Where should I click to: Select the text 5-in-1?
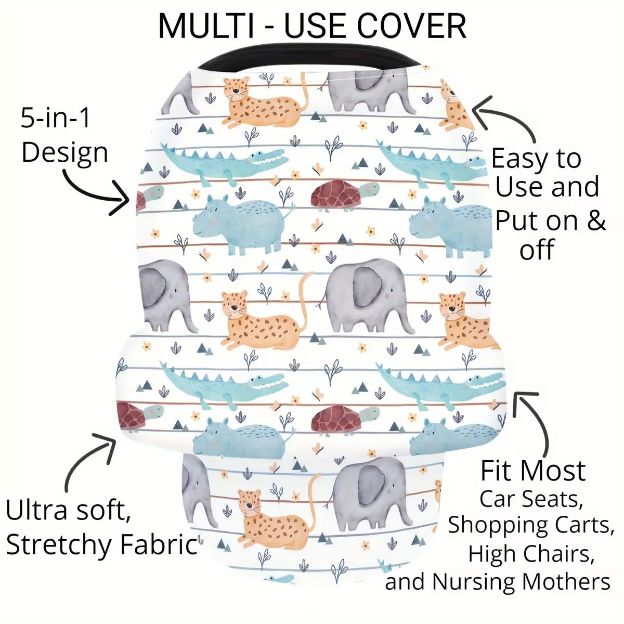pos(55,118)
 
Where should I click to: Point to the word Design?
pos(65,153)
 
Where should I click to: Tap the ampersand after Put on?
pos(595,221)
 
